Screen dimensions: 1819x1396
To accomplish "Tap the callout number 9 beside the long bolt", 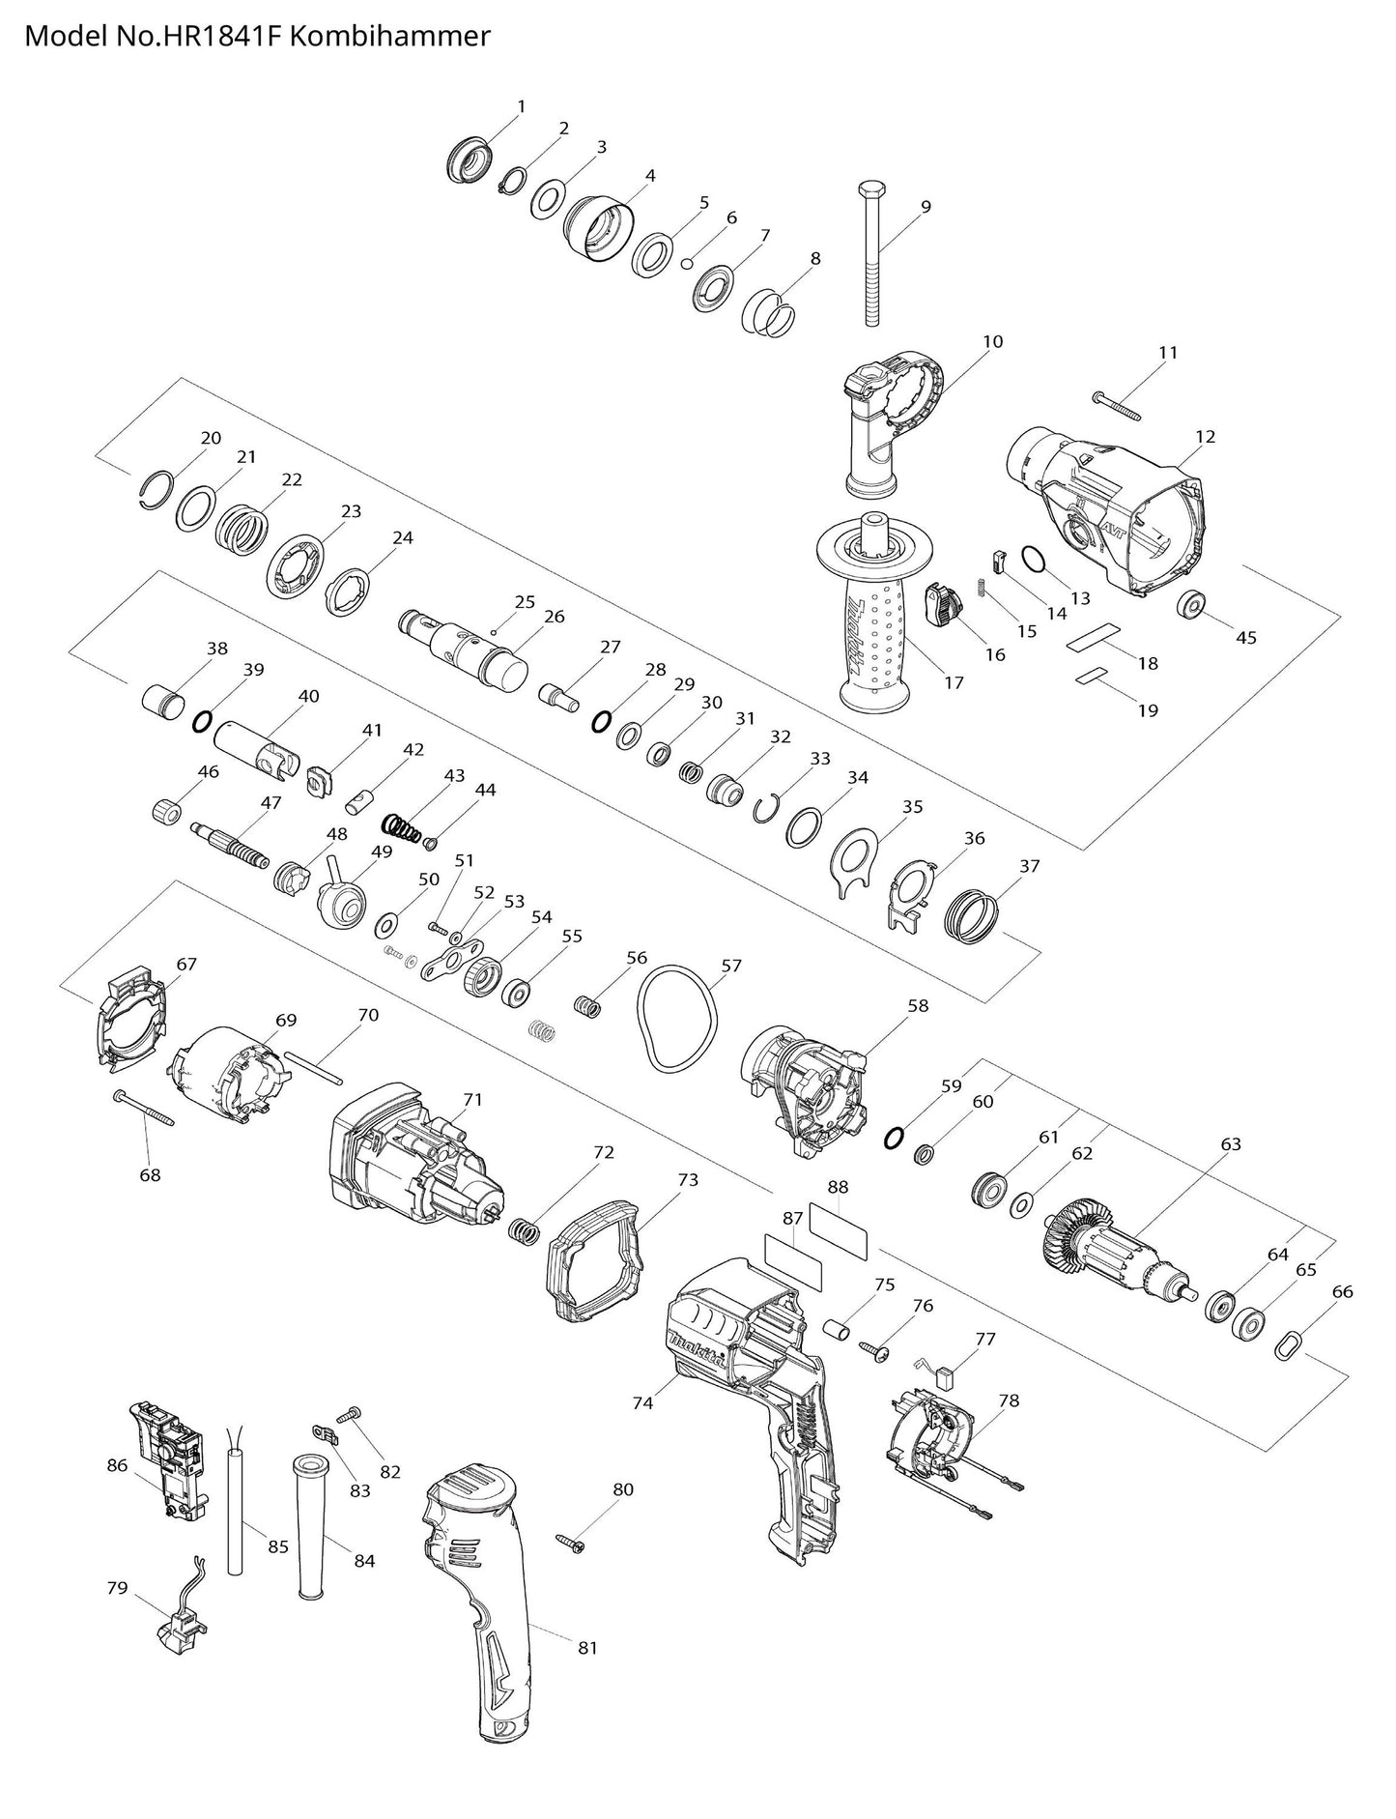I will [926, 206].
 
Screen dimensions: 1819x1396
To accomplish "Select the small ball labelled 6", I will [687, 262].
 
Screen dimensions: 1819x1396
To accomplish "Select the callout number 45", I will [1246, 638].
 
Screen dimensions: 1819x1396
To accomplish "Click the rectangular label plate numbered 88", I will [838, 1229].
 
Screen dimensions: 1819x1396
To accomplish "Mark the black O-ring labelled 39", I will [202, 721].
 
